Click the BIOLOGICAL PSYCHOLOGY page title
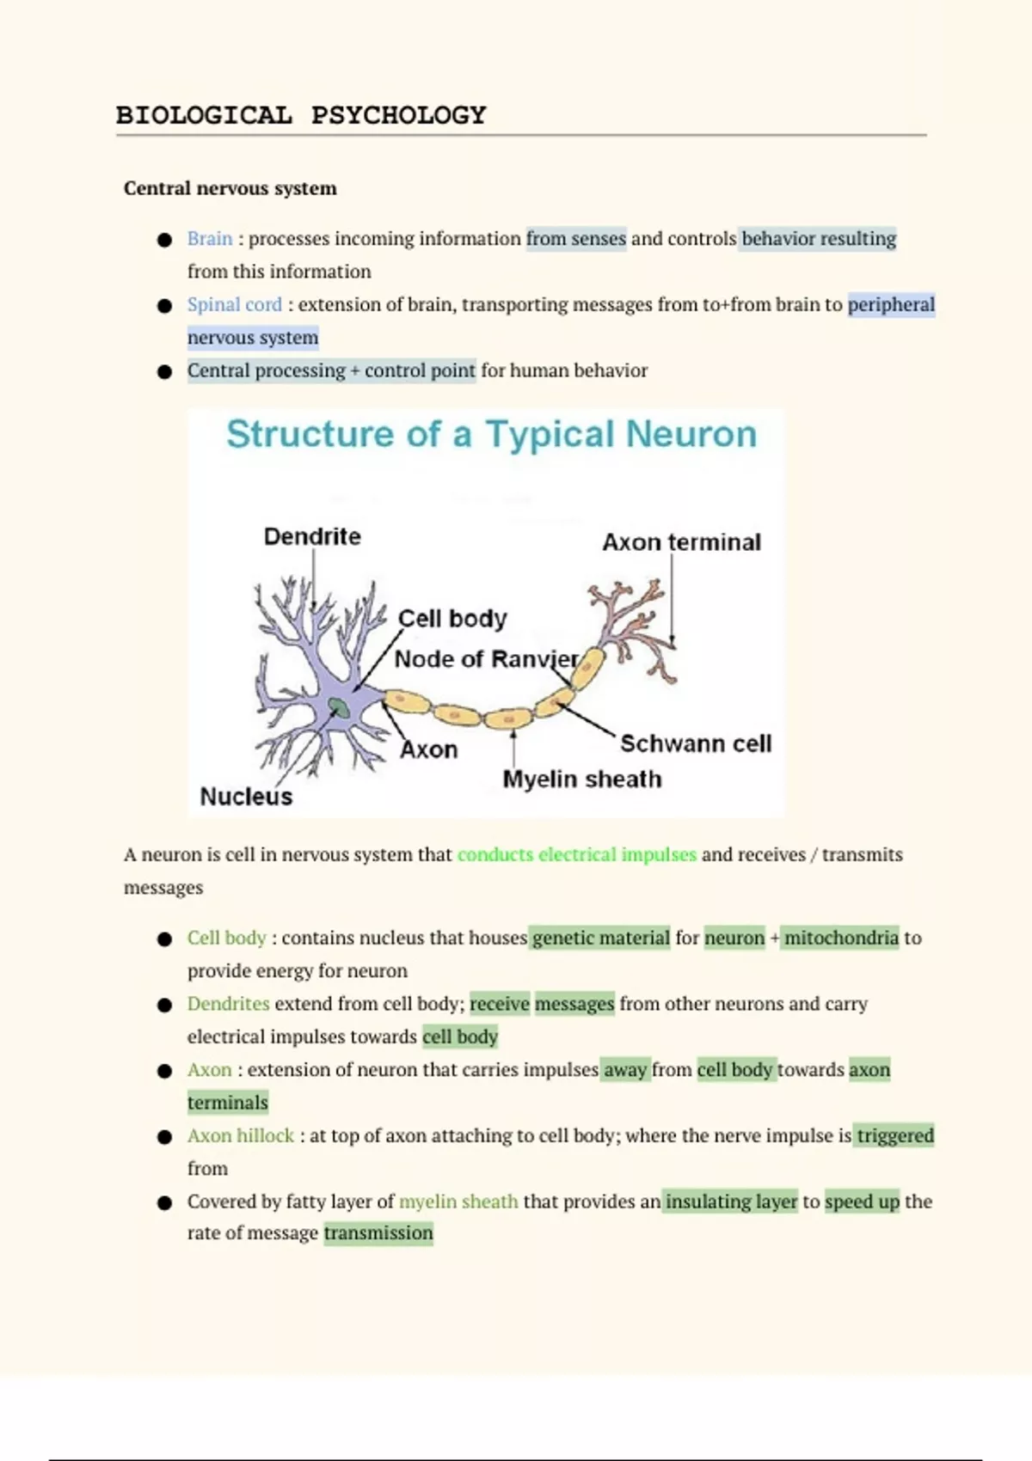(301, 115)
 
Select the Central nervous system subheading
(230, 188)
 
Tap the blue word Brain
(210, 238)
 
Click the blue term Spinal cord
(234, 304)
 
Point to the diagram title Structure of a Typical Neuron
(491, 434)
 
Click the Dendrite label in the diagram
(312, 536)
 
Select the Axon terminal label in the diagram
(681, 542)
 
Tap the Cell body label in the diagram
(452, 618)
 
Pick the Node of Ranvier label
(486, 659)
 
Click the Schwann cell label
(696, 743)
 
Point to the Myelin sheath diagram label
(582, 779)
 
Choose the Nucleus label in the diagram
(246, 797)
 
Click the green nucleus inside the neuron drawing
(339, 708)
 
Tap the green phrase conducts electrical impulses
(576, 854)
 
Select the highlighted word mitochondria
(841, 938)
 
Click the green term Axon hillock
(241, 1135)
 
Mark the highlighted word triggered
(894, 1135)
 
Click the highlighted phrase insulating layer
(731, 1201)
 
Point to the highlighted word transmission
(378, 1233)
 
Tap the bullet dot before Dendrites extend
(165, 1005)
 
